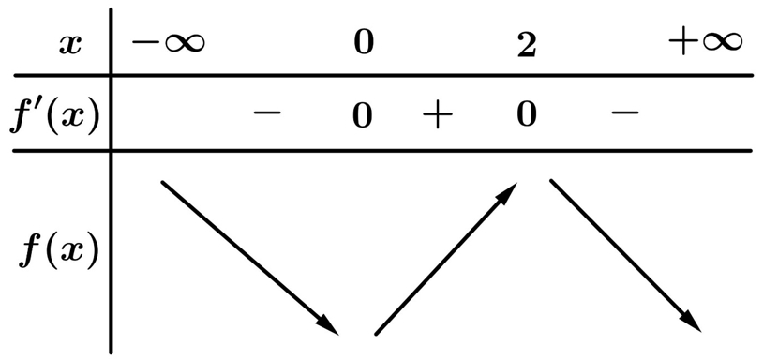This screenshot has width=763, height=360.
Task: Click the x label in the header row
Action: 70,45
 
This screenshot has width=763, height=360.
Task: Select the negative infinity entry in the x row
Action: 169,43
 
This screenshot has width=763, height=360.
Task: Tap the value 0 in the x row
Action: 364,43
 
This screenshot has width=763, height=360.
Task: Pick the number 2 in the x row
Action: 527,46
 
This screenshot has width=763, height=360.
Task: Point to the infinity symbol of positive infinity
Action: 721,43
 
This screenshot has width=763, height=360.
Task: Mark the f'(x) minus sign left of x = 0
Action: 267,112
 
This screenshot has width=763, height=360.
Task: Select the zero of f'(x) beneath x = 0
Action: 363,116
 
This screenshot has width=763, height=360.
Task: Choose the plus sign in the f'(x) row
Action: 437,114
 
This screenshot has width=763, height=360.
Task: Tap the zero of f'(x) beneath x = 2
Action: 527,114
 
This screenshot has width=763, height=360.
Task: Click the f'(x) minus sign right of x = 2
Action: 625,112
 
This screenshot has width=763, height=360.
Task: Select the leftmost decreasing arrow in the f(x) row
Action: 249,258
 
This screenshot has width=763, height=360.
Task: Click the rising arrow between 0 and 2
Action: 446,259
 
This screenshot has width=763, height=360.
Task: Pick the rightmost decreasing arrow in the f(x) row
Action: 625,256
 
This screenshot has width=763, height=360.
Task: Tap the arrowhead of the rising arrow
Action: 507,192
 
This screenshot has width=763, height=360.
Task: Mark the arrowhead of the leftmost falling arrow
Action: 327,326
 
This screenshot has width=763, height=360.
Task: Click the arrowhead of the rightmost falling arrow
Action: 691,323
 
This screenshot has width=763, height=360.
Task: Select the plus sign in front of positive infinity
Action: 683,43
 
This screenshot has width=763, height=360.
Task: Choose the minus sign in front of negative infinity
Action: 146,42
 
